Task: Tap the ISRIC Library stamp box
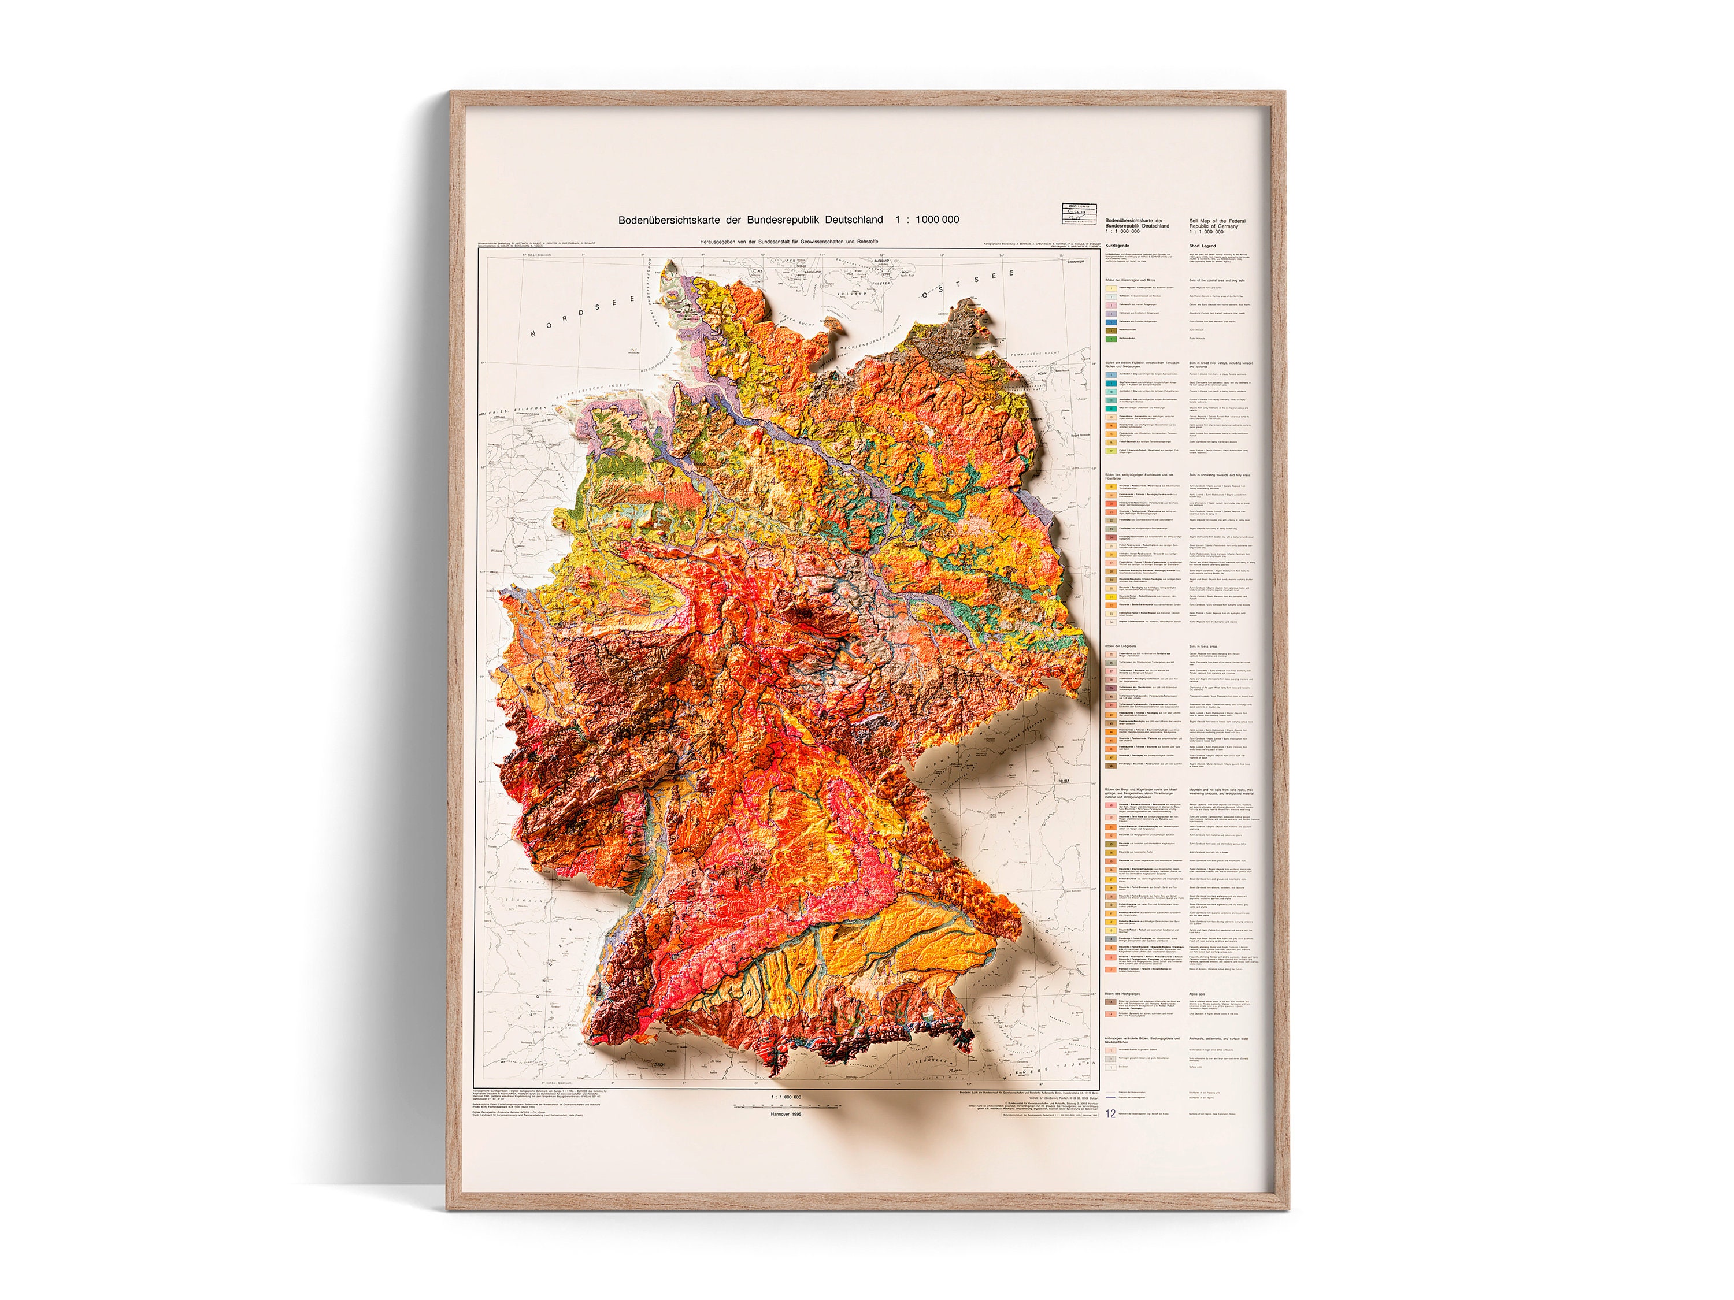point(1078,214)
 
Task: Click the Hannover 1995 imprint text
point(786,1113)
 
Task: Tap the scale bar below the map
point(786,1106)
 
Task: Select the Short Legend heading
point(1203,246)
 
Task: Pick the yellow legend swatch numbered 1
point(1111,288)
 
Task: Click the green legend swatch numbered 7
point(1111,339)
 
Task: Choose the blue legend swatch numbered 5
point(1111,322)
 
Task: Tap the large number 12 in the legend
point(1110,1113)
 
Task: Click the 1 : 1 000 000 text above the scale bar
point(786,1097)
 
